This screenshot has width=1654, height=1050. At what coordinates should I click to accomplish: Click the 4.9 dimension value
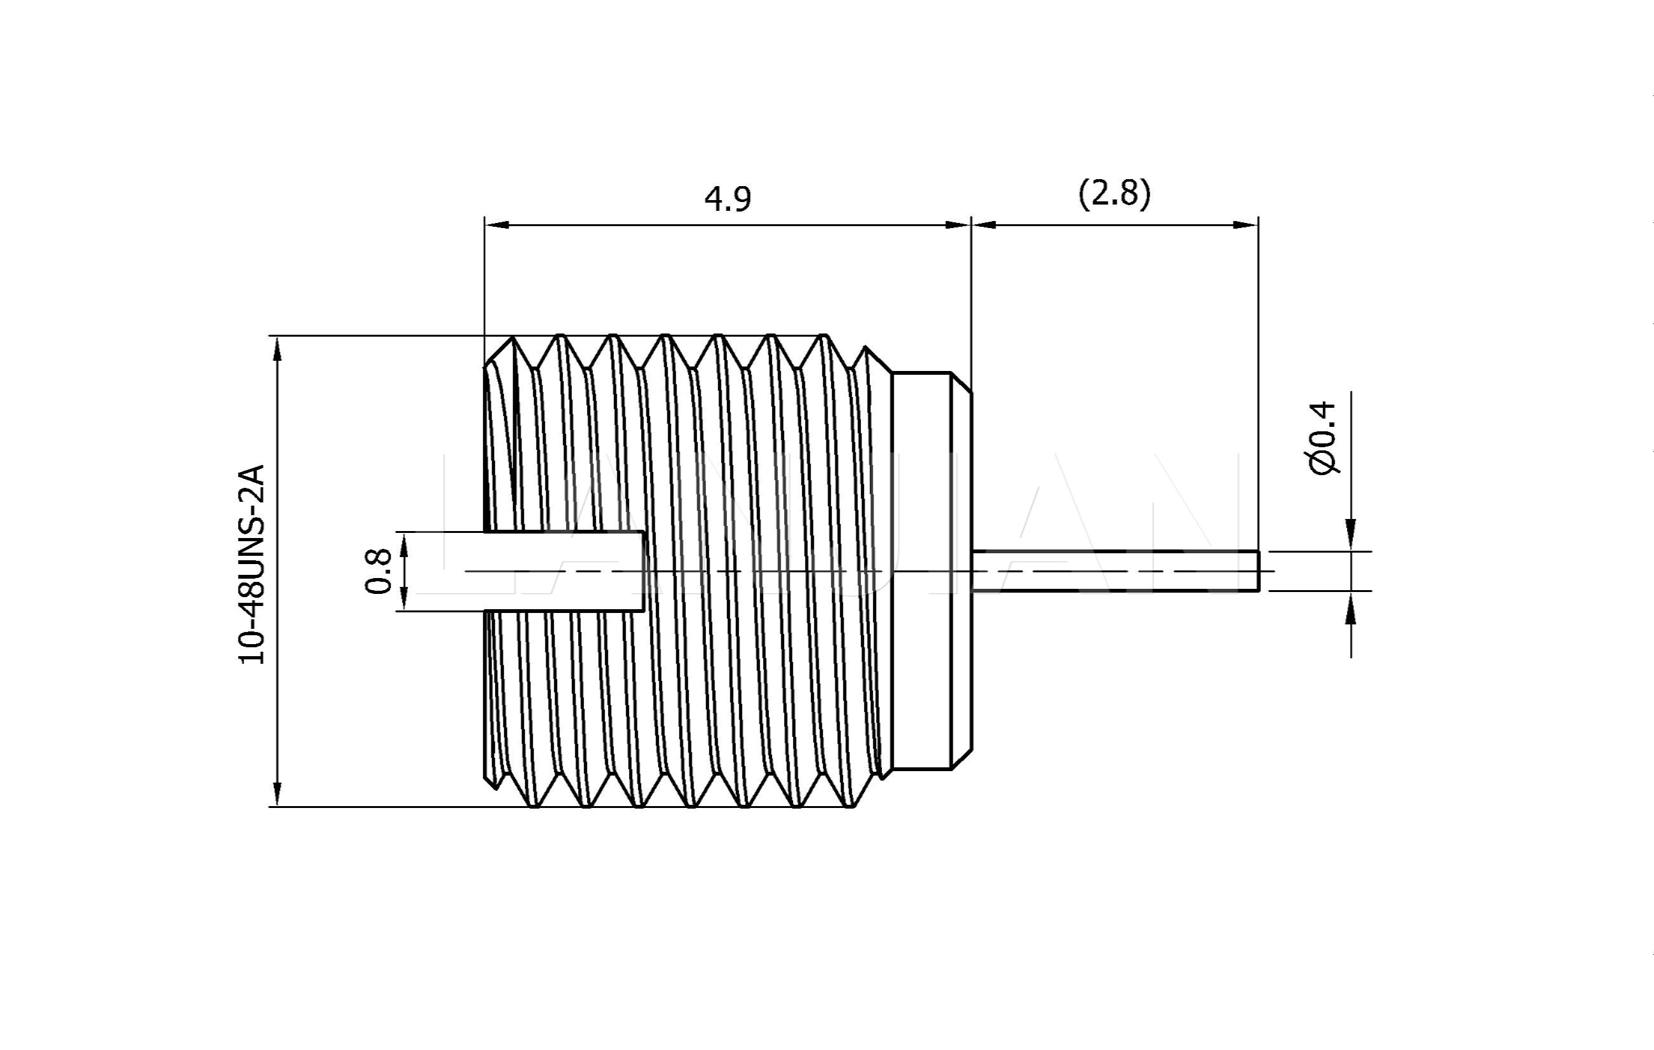[728, 199]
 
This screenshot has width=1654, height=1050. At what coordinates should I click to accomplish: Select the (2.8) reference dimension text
[1114, 194]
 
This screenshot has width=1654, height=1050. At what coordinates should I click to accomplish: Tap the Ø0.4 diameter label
[1322, 438]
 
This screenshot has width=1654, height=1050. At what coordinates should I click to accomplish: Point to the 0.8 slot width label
[379, 570]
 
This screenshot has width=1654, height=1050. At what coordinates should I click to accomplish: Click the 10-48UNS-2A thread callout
[252, 564]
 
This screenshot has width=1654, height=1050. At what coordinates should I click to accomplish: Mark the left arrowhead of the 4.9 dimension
[496, 225]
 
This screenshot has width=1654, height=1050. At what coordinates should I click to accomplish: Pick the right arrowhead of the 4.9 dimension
[959, 225]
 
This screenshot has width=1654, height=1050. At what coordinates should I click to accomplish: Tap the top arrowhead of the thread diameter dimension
[278, 348]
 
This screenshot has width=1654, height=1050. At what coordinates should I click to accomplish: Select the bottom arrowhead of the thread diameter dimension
[278, 794]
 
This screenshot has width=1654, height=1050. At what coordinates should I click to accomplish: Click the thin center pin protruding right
[1113, 570]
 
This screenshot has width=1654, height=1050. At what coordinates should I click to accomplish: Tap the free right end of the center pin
[1257, 570]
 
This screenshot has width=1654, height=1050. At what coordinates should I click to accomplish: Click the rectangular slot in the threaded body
[563, 570]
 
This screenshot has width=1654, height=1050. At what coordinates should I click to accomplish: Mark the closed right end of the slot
[644, 570]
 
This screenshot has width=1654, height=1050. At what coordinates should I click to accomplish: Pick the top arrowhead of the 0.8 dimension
[403, 544]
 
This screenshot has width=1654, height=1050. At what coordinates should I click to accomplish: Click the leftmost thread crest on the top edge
[512, 338]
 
